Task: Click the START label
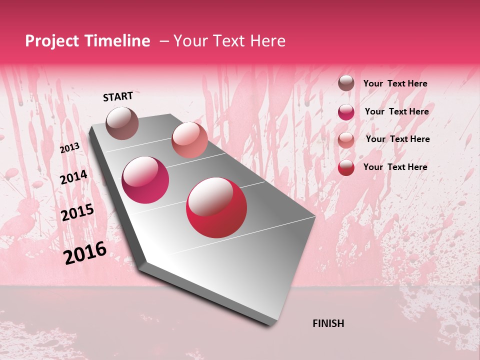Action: click(118, 96)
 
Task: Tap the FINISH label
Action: click(328, 323)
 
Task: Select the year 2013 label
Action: click(70, 147)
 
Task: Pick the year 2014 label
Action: click(73, 177)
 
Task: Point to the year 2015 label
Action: click(77, 212)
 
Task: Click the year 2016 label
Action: click(85, 252)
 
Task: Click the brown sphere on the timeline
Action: click(122, 123)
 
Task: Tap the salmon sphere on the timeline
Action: click(189, 140)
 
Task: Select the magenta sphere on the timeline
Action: click(145, 180)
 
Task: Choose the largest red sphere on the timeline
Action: click(216, 207)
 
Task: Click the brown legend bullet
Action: click(346, 83)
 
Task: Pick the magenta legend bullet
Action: click(346, 112)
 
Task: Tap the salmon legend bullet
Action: click(346, 140)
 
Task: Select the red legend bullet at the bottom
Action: click(346, 167)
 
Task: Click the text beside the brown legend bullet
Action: click(395, 83)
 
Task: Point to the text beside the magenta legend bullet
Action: click(396, 111)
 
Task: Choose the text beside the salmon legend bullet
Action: click(397, 139)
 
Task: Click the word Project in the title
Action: click(51, 41)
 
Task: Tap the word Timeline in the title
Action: click(118, 41)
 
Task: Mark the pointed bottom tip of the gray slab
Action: click(272, 325)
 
